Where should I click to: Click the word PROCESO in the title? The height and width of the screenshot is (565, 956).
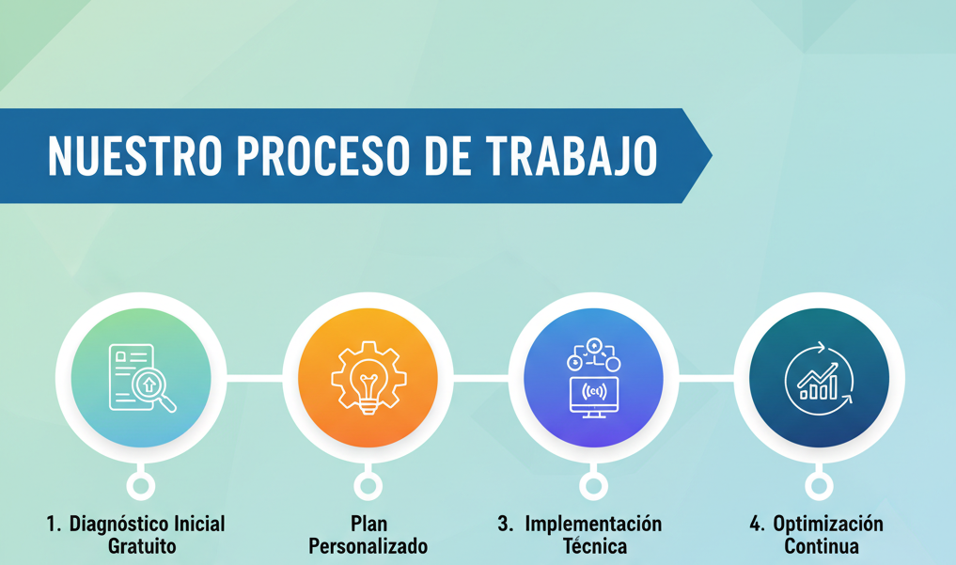(321, 156)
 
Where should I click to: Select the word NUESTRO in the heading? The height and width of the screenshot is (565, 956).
(133, 156)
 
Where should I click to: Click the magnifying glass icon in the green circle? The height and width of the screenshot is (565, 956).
(152, 387)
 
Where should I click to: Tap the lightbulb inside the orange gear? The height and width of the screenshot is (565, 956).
(368, 378)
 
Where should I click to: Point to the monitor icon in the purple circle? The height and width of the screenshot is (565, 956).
(594, 395)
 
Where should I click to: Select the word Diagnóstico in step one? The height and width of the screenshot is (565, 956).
(118, 524)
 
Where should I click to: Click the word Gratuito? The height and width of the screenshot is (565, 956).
(142, 546)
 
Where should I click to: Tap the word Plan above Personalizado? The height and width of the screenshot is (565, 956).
(368, 524)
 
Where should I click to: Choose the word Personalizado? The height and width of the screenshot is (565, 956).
(368, 546)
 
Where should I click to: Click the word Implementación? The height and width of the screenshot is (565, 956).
(593, 524)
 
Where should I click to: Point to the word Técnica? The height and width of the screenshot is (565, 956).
(594, 546)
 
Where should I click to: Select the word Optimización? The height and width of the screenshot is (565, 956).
(828, 524)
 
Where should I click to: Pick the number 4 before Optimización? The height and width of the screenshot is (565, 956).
(756, 524)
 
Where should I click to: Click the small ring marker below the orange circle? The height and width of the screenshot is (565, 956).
(368, 486)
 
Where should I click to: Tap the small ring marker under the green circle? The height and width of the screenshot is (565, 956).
(141, 486)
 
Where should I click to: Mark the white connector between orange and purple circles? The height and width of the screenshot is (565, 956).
(480, 379)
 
